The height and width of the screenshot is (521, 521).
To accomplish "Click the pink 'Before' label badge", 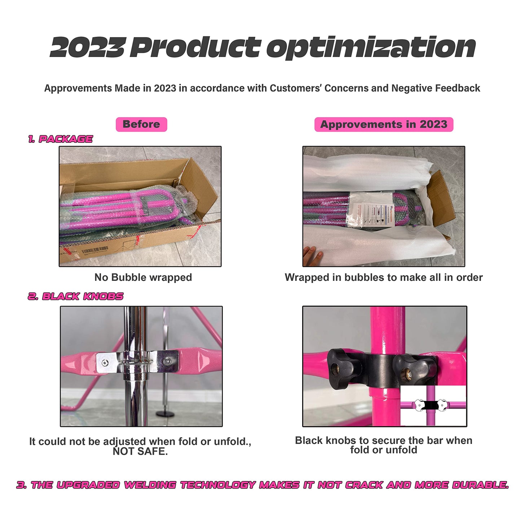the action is (141, 124).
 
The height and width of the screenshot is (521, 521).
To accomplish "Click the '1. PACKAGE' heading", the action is (61, 139).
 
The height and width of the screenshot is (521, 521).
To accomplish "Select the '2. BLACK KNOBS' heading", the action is (76, 296).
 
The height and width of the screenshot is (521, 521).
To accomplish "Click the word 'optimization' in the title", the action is (371, 48).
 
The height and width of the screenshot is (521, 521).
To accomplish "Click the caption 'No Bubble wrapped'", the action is (143, 277).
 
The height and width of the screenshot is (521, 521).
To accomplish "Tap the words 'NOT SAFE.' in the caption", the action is (140, 451).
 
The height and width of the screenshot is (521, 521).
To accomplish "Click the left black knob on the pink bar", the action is (341, 368).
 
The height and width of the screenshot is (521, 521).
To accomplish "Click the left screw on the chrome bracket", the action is (105, 363).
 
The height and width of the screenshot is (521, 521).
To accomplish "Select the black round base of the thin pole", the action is (165, 414).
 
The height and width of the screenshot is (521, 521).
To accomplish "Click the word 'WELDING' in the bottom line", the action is (150, 485).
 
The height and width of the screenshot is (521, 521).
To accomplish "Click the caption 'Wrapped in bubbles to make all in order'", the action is (384, 277).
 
